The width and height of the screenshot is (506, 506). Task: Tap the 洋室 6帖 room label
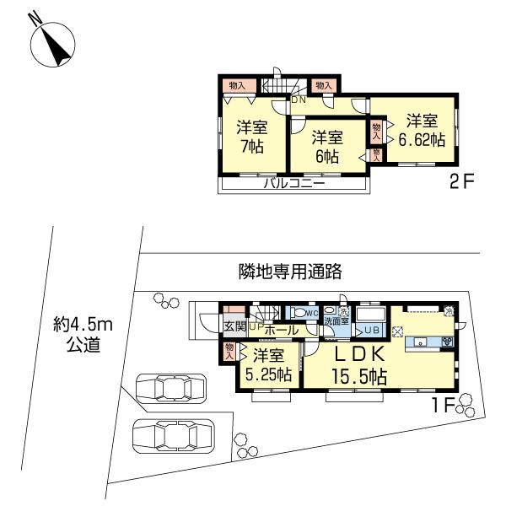[x=326, y=146]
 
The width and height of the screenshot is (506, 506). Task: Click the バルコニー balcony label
[x=294, y=182]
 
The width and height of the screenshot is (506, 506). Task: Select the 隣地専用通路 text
[x=289, y=272]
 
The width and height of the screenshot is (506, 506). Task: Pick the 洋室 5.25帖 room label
[x=268, y=364]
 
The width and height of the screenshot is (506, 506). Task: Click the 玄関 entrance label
[x=234, y=326]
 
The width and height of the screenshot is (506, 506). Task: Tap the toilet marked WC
[x=299, y=312]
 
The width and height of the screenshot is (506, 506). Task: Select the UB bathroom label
[x=373, y=331]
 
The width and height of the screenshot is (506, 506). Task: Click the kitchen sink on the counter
[x=419, y=342]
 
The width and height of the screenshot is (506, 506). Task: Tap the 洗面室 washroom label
[x=337, y=321]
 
